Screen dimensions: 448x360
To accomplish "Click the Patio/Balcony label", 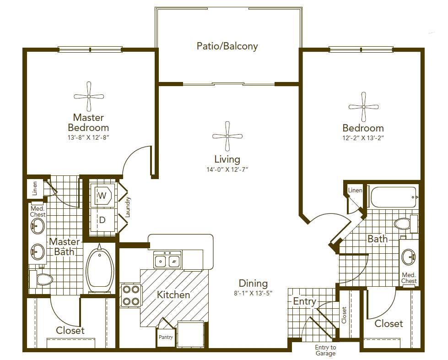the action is pyautogui.click(x=227, y=46).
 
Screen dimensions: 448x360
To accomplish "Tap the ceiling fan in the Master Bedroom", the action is pyautogui.click(x=89, y=97).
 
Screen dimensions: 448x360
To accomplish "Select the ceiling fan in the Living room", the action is pyautogui.click(x=227, y=136).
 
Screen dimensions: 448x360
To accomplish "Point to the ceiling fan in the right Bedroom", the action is pyautogui.click(x=363, y=107).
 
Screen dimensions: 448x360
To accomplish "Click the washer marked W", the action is pyautogui.click(x=103, y=196).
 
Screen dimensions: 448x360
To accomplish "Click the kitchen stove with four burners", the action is pyautogui.click(x=131, y=295).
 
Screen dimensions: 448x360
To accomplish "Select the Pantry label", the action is pyautogui.click(x=166, y=337).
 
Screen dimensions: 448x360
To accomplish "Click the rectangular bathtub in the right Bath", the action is pyautogui.click(x=394, y=197).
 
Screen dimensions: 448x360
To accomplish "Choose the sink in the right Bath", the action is pyautogui.click(x=409, y=256).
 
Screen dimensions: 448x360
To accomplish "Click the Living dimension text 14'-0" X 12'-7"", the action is pyautogui.click(x=227, y=169).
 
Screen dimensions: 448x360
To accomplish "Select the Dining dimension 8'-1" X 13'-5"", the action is pyautogui.click(x=253, y=293).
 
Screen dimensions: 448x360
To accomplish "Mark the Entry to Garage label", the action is pyautogui.click(x=325, y=350).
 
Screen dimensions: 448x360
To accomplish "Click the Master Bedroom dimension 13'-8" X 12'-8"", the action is pyautogui.click(x=89, y=137).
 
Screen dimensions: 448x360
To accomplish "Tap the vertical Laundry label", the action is pyautogui.click(x=128, y=207).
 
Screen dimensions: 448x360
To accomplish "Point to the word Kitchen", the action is pyautogui.click(x=173, y=295).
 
